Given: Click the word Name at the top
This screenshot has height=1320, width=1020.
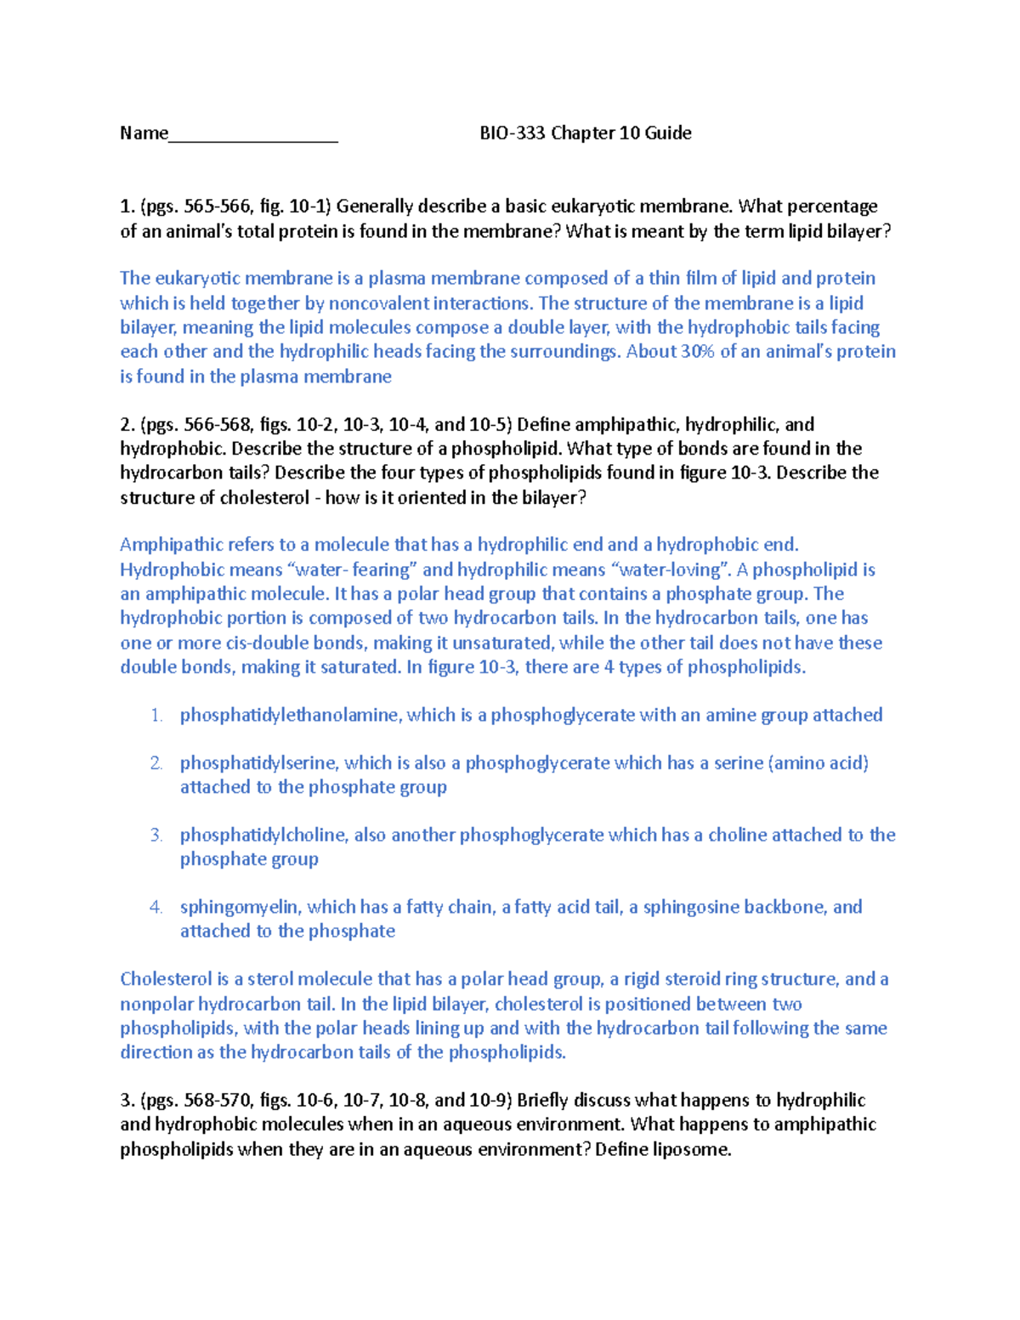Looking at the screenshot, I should point(144,133).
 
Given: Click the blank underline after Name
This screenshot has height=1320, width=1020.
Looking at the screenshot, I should point(253,136).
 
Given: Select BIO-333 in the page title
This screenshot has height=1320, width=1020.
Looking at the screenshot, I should point(513,133).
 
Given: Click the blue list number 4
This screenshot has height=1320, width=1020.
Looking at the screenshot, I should point(156,907).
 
